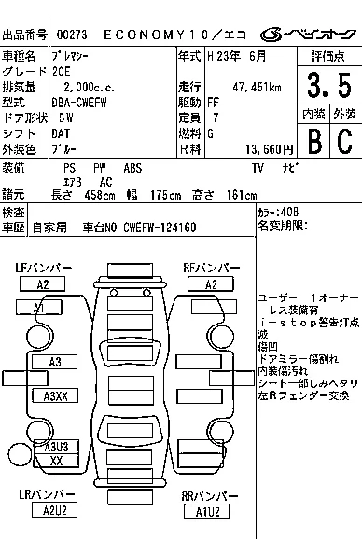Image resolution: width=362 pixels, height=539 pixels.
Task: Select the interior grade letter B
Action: pos(313,141)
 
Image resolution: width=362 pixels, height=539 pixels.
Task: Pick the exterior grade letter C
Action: pos(344,141)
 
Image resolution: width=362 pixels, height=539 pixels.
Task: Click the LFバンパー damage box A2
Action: pos(43,284)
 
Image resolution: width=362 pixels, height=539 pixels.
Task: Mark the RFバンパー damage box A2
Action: pos(212,284)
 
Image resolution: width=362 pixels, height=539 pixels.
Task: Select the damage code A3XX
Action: pos(56,396)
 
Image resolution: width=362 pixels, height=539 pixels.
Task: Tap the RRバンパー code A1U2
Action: pos(206,510)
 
